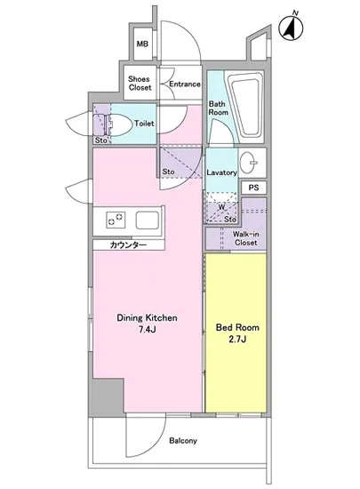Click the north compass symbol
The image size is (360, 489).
click(291, 28)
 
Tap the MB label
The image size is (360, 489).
click(142, 44)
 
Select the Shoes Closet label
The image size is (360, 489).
click(140, 83)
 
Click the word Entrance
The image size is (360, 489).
click(185, 84)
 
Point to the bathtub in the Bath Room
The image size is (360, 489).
click(244, 106)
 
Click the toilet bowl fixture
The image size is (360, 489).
click(119, 124)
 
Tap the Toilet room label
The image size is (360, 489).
click(144, 124)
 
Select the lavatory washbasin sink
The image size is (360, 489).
click(249, 162)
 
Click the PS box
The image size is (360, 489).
click(253, 188)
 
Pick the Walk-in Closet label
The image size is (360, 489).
click(245, 238)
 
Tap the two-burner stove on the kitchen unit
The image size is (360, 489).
click(116, 220)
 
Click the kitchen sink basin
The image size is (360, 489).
click(148, 220)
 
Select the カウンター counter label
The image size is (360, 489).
click(128, 245)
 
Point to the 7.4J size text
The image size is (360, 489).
click(148, 330)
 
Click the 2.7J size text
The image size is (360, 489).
click(237, 339)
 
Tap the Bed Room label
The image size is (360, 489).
click(237, 327)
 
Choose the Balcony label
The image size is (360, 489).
click(183, 441)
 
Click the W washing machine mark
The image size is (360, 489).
click(221, 207)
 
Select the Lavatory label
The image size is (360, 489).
click(221, 172)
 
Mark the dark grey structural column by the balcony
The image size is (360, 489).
click(107, 397)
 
